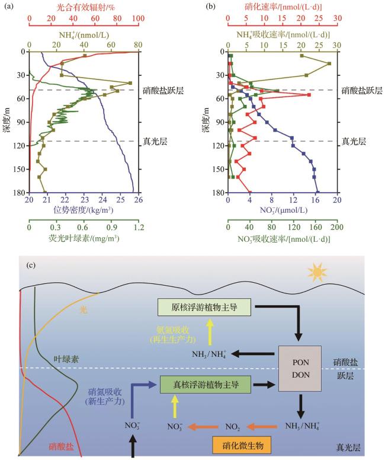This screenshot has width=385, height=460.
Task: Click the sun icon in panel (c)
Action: [317, 272]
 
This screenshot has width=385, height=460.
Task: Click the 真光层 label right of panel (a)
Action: [154, 141]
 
